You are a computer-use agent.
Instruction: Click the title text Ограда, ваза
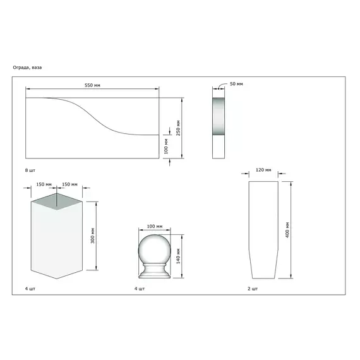pyautogui.click(x=27, y=68)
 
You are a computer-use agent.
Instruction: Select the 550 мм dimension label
pyautogui.click(x=92, y=85)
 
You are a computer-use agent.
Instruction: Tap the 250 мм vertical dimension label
pyautogui.click(x=178, y=128)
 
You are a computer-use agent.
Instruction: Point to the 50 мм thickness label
pyautogui.click(x=236, y=84)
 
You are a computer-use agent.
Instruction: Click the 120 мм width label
pyautogui.click(x=263, y=170)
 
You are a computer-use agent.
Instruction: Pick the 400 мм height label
pyautogui.click(x=287, y=230)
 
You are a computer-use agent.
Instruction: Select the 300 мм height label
pyautogui.click(x=92, y=236)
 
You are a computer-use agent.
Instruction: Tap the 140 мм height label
pyautogui.click(x=178, y=256)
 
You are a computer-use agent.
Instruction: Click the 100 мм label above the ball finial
pyautogui.click(x=155, y=226)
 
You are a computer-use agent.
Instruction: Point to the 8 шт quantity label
pyautogui.click(x=30, y=171)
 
